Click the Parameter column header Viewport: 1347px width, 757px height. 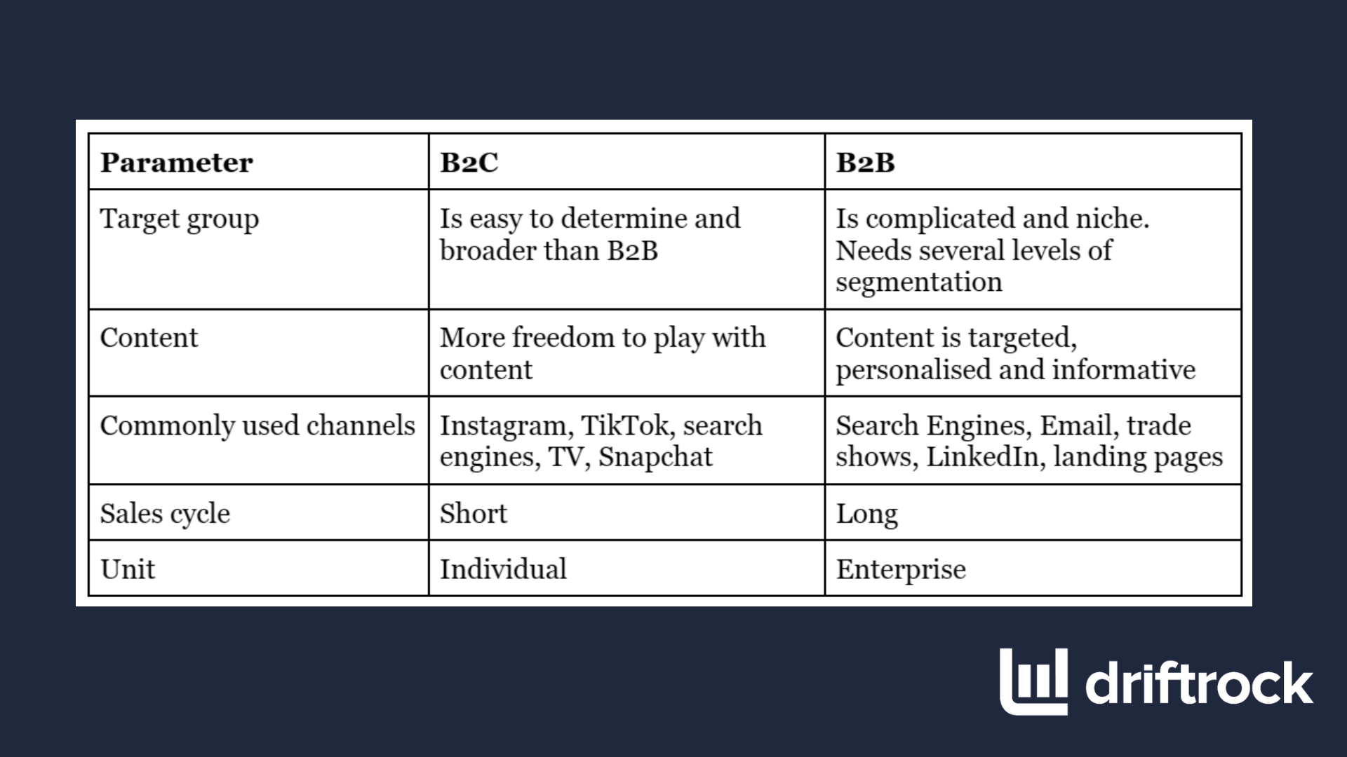click(x=176, y=163)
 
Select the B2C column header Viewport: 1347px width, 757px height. click(x=469, y=163)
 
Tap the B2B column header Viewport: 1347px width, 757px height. click(x=865, y=163)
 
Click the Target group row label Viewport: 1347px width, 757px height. click(x=180, y=220)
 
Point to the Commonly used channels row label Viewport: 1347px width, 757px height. click(x=257, y=426)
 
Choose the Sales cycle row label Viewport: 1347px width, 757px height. click(x=165, y=514)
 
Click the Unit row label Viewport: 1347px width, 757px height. click(x=128, y=569)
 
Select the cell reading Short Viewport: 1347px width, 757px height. click(x=474, y=514)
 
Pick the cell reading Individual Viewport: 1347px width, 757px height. click(x=503, y=569)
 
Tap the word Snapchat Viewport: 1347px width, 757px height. click(x=655, y=458)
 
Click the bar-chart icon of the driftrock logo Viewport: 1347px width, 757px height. click(x=1033, y=682)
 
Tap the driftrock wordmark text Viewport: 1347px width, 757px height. click(x=1199, y=682)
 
